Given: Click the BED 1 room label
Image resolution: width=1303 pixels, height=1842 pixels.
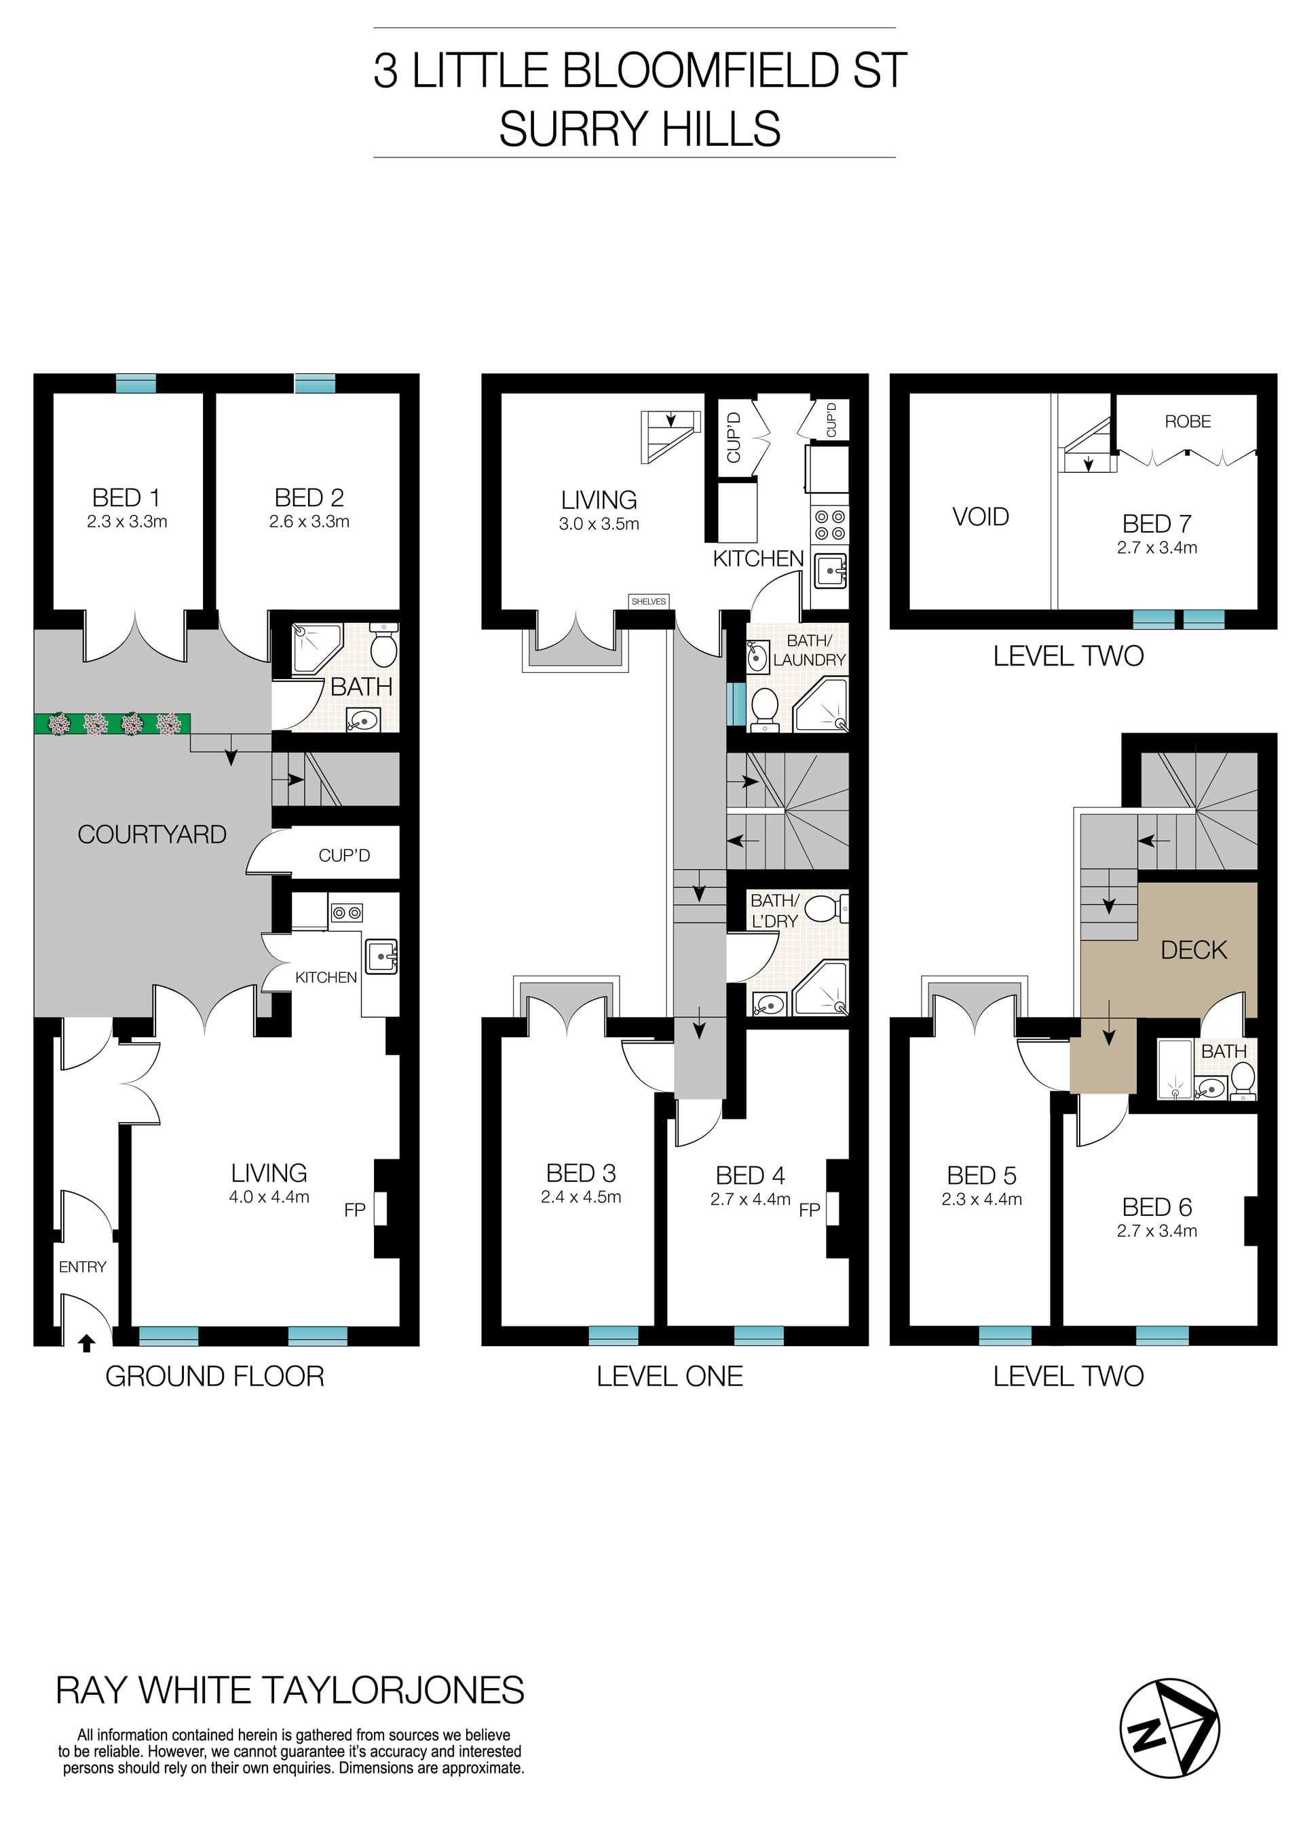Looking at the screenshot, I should [x=126, y=497].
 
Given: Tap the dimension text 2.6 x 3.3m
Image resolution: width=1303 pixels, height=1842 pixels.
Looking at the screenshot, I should [x=309, y=522].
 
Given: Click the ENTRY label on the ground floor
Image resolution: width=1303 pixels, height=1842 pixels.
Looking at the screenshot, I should [x=82, y=1267].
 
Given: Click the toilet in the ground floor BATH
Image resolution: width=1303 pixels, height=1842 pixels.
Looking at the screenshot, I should [x=383, y=647].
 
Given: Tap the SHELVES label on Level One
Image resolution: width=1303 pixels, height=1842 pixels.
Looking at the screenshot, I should [x=648, y=601].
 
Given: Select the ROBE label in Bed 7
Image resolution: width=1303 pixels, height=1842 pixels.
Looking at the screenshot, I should [x=1188, y=421].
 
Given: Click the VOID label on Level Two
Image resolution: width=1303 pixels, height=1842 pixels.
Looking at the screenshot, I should [x=981, y=517].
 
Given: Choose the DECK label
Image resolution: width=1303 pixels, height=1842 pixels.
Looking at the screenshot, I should [x=1194, y=950].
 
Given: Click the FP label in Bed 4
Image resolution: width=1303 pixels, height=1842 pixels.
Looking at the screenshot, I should [x=809, y=1210].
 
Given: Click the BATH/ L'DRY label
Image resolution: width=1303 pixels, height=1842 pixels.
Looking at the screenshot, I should [x=774, y=910].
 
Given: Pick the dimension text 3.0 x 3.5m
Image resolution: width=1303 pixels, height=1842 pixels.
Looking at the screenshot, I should [x=599, y=524].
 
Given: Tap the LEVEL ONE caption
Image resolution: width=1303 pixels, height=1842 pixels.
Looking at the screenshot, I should [x=669, y=1376].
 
